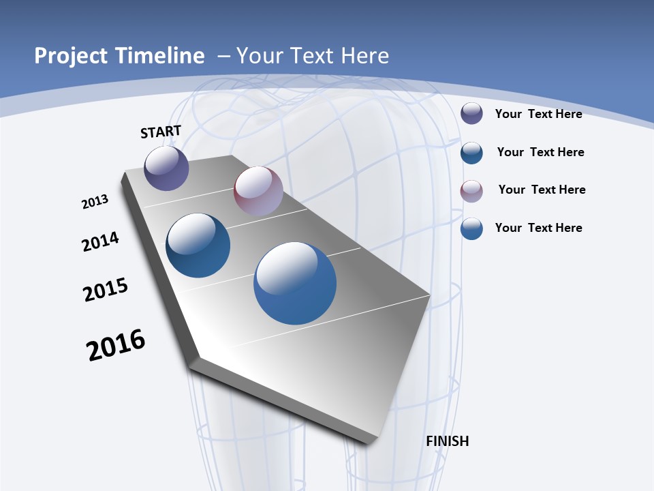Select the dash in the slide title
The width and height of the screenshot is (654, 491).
pyautogui.click(x=223, y=56)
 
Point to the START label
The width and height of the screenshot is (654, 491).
pyautogui.click(x=161, y=132)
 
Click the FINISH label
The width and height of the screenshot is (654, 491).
pyautogui.click(x=448, y=441)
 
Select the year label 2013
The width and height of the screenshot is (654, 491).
pyautogui.click(x=95, y=202)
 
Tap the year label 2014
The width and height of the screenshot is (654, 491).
pyautogui.click(x=100, y=241)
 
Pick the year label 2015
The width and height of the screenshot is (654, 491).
pyautogui.click(x=106, y=290)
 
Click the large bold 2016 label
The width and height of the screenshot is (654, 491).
pyautogui.click(x=116, y=345)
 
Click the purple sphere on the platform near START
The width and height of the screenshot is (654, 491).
pyautogui.click(x=166, y=168)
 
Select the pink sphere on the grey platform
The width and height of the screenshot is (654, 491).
pyautogui.click(x=258, y=191)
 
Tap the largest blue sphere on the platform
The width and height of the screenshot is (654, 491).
pyautogui.click(x=295, y=282)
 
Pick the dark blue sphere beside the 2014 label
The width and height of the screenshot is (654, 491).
pyautogui.click(x=198, y=245)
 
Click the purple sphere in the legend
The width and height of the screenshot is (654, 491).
pyautogui.click(x=471, y=114)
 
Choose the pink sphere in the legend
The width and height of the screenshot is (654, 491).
pyautogui.click(x=471, y=191)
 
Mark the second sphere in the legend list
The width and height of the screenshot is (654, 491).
pyautogui.click(x=471, y=153)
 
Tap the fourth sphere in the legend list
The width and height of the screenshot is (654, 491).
pyautogui.click(x=471, y=229)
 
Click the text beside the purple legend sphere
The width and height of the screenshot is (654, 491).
pyautogui.click(x=538, y=114)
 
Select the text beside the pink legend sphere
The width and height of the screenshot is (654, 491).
pyautogui.click(x=542, y=190)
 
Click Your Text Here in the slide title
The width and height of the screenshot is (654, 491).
pyautogui.click(x=313, y=56)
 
